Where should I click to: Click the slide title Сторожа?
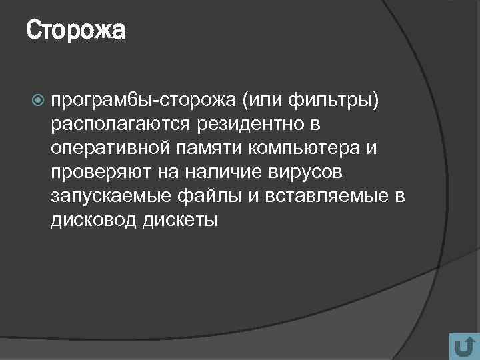point(76,31)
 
